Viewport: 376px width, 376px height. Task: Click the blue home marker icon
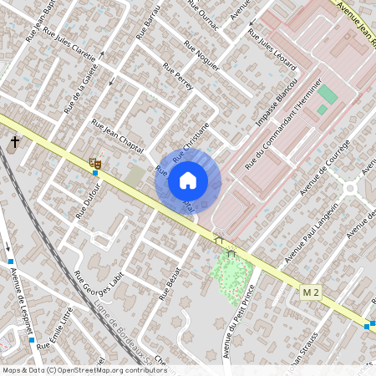point(188,180)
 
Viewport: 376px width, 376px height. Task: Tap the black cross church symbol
point(14,143)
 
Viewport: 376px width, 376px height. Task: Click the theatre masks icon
point(94,162)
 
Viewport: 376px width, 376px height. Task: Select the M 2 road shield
point(312,292)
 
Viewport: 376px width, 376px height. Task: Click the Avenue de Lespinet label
point(22,300)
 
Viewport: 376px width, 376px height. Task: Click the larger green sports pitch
point(329,94)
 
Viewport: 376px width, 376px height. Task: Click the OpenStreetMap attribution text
point(84,369)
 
